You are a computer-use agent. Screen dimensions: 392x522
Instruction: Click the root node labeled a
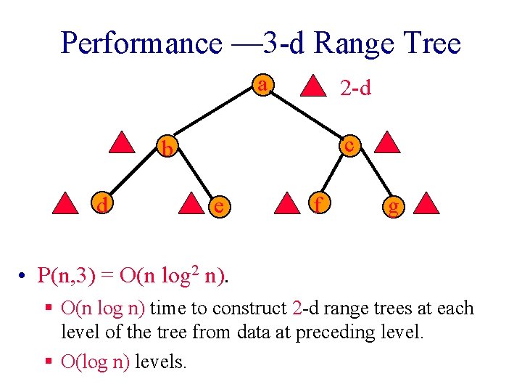pos(263,86)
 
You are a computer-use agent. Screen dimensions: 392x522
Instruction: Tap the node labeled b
pos(167,149)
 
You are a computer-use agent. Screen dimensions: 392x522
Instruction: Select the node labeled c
pos(349,144)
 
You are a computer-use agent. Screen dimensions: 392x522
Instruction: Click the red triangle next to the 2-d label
pos(314,84)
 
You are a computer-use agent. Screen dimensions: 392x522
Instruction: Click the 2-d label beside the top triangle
pos(355,88)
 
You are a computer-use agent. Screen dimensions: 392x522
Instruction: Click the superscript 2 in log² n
pos(197,269)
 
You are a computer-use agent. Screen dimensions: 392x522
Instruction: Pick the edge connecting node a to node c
pos(307,115)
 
